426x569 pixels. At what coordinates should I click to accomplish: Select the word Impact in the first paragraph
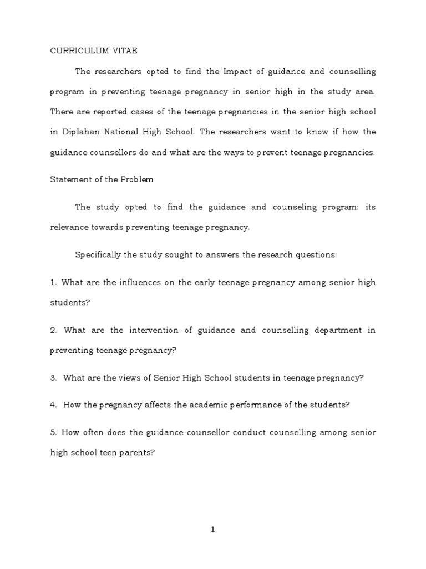(x=237, y=72)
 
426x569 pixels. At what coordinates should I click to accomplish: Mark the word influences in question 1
(x=138, y=282)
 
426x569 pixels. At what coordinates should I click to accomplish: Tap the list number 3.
(x=53, y=378)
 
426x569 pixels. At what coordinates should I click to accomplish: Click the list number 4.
(x=53, y=405)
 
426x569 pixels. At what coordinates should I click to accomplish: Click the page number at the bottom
(x=213, y=530)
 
